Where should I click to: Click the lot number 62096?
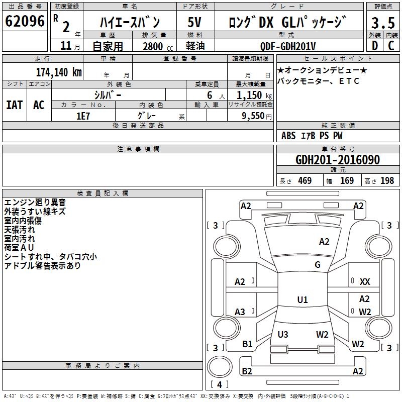point(25,21)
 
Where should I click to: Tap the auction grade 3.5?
point(383,23)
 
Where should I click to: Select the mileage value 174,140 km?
point(59,72)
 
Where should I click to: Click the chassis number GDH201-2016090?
point(338,160)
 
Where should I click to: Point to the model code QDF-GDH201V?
point(287,46)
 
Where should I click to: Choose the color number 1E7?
point(83,116)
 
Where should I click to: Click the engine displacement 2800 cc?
point(158,46)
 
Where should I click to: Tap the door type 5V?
point(194,22)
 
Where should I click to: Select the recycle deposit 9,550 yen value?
point(256,116)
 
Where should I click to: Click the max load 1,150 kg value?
point(254,95)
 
